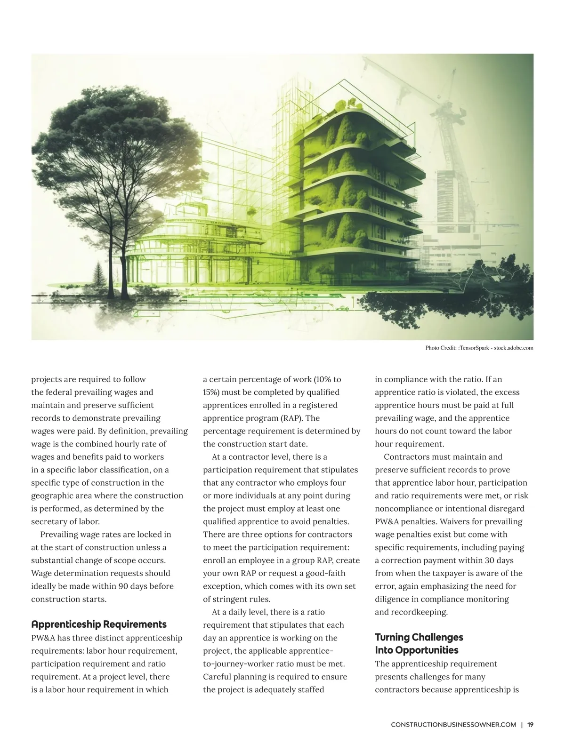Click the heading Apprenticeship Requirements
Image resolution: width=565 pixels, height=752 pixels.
[99, 624]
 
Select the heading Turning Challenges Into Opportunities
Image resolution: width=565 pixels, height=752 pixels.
[419, 643]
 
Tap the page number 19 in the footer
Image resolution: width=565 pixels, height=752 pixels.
[530, 725]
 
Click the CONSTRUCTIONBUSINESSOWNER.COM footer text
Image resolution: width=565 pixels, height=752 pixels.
[453, 725]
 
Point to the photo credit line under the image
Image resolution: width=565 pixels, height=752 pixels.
[479, 348]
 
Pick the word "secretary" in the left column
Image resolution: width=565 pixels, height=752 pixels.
[48, 521]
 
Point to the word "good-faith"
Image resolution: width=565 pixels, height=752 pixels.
[325, 573]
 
